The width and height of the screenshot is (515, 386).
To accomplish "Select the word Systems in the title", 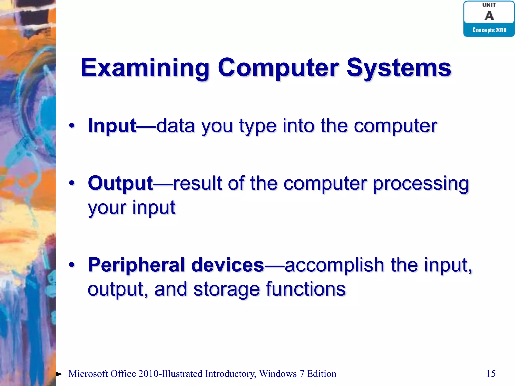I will (x=399, y=68).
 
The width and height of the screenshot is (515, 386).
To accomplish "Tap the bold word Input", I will (x=112, y=126).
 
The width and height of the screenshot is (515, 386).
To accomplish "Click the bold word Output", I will (x=120, y=183).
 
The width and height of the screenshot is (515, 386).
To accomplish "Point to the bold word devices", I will (x=228, y=265).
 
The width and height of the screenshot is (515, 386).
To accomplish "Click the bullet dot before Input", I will (x=72, y=126).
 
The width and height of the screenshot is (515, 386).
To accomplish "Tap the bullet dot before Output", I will (x=72, y=183).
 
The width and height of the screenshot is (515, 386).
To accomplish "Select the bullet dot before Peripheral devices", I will (x=72, y=265).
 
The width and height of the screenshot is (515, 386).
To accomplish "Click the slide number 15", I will (x=491, y=374).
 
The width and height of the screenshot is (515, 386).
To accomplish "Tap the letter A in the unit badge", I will (x=489, y=16).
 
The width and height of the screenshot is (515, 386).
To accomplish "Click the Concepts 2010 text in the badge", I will (x=489, y=30).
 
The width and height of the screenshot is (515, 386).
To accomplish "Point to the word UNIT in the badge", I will (x=489, y=5).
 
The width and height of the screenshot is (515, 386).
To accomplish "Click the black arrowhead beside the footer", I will (x=59, y=374).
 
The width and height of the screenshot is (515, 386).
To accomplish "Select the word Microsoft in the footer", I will (x=88, y=374).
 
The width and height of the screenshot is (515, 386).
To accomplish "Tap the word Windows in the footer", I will (x=278, y=374).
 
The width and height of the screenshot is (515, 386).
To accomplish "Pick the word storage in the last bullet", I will (x=226, y=289).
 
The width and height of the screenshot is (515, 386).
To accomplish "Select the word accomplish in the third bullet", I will (x=334, y=265).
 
